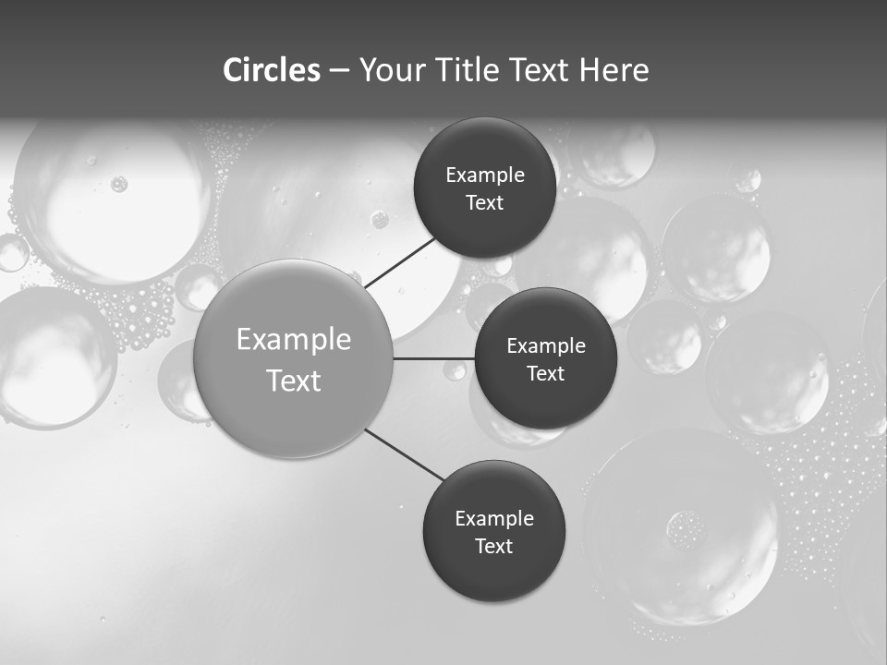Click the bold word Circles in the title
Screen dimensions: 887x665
[271, 69]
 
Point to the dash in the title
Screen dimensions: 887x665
[339, 70]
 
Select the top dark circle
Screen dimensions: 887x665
[484, 226]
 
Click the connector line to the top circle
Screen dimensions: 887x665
[399, 261]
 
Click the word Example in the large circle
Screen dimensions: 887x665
[294, 340]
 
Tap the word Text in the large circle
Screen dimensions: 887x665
[294, 380]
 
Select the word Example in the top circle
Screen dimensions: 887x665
[485, 175]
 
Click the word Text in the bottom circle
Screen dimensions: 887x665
[493, 546]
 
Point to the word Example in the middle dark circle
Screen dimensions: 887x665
[546, 345]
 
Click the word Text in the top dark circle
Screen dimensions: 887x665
[484, 202]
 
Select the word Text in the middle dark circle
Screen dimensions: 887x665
[545, 373]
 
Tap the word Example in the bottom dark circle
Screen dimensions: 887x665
[494, 518]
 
